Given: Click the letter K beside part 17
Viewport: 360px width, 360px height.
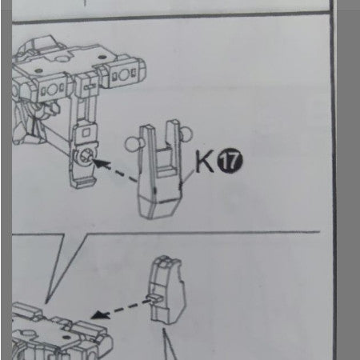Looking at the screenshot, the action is (x=205, y=161).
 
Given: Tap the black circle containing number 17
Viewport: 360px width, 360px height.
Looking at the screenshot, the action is (x=230, y=161).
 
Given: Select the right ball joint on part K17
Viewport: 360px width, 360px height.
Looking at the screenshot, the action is (x=186, y=134).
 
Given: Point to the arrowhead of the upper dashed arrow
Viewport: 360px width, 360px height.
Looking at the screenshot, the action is (x=101, y=162).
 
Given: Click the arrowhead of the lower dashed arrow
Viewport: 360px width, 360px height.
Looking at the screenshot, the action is (x=99, y=314).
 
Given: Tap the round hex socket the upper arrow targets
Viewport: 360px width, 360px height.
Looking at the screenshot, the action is (x=86, y=156).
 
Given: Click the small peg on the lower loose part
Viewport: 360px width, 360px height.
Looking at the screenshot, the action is (x=156, y=298).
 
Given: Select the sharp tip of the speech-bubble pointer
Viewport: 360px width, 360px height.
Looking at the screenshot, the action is (x=46, y=303).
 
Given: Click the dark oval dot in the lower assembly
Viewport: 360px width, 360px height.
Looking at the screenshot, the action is (x=66, y=337).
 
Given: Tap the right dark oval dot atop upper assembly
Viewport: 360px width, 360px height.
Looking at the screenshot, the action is (x=102, y=57).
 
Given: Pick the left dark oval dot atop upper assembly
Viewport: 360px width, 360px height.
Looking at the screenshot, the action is (x=38, y=70).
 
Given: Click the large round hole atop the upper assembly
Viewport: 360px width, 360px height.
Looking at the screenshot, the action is (x=63, y=58).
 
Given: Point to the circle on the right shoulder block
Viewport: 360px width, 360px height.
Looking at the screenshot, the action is (x=123, y=74).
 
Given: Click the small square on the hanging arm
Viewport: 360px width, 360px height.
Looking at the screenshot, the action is (x=86, y=133).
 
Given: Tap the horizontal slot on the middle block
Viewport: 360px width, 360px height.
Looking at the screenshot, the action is (x=90, y=86).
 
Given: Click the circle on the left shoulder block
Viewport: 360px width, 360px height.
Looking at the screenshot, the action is (x=52, y=90).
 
